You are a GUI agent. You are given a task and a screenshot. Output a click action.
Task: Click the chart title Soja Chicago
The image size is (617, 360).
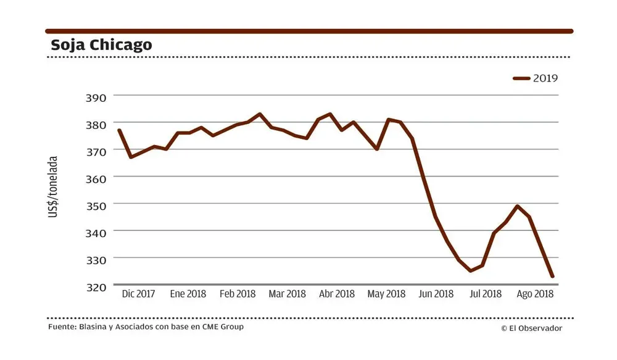(101, 45)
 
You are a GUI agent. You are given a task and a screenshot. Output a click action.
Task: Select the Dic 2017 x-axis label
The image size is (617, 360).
(138, 294)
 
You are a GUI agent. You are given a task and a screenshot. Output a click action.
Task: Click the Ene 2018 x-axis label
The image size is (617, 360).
(188, 294)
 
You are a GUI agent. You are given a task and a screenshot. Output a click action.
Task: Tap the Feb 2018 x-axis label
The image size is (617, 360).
(238, 294)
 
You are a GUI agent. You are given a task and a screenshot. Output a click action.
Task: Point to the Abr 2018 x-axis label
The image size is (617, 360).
(337, 294)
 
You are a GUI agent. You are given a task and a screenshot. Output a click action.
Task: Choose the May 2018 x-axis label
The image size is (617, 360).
(386, 294)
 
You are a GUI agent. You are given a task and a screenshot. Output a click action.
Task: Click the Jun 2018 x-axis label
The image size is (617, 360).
(436, 294)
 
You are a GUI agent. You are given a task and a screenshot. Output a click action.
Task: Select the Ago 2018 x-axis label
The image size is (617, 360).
(535, 294)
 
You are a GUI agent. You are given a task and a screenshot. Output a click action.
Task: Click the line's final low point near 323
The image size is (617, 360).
(552, 276)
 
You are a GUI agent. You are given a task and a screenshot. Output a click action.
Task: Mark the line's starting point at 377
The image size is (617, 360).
(118, 130)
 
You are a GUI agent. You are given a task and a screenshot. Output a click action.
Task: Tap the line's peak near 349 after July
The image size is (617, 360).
(517, 206)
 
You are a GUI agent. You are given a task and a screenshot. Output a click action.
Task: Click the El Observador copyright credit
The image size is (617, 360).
(531, 329)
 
